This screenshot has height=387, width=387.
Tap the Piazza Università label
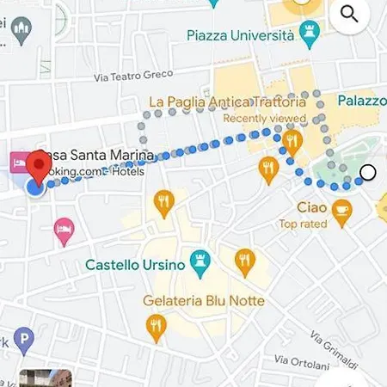coord(240,34)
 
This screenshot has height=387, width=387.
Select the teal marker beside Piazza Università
coord(310,34)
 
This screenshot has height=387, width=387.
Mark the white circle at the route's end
coord(368,172)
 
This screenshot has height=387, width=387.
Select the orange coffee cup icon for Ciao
coord(342,207)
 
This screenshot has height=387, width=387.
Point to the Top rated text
coord(303,224)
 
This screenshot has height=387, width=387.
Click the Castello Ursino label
coord(135,265)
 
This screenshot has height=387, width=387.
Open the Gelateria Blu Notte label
coord(203,301)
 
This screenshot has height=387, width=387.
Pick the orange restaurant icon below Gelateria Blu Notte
coord(156,326)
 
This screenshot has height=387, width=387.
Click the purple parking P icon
coord(23,341)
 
